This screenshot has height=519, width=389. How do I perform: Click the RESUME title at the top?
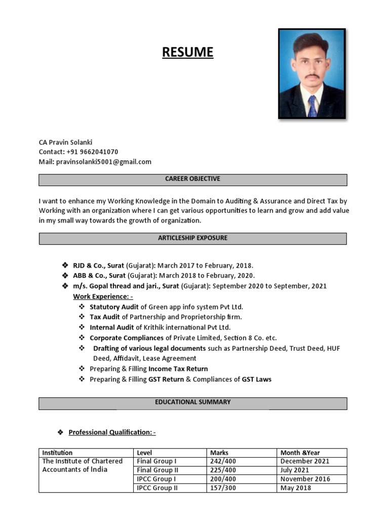(x=187, y=52)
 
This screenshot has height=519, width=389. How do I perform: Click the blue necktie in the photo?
(x=312, y=105)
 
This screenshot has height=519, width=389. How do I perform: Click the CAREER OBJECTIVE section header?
(x=192, y=179)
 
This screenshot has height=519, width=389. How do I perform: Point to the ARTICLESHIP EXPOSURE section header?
(x=192, y=238)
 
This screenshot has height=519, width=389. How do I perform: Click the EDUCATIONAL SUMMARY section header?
(x=192, y=402)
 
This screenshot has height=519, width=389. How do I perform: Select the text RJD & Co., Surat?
(x=99, y=266)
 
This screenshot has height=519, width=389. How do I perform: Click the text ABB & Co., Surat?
(x=99, y=276)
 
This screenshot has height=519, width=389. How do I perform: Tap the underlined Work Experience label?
(x=103, y=296)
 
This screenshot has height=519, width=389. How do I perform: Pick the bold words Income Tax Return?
(x=178, y=368)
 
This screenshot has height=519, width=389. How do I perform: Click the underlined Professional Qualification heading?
(x=112, y=432)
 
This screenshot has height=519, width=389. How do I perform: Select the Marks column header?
(x=219, y=453)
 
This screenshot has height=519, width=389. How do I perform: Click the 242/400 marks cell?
(x=223, y=461)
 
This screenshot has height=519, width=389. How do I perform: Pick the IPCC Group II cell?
(x=157, y=488)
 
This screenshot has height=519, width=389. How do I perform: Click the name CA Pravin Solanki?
(x=65, y=142)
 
